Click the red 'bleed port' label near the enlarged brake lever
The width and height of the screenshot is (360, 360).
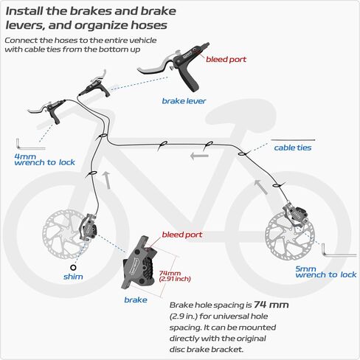226,60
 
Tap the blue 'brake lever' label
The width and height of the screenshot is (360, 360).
184,101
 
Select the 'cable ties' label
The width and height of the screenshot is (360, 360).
293,148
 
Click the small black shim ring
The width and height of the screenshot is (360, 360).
73,267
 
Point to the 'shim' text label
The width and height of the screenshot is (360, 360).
73,277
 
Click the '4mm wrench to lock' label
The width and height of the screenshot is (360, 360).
44,159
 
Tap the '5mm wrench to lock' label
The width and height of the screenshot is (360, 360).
326,271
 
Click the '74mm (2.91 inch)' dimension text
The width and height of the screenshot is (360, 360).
175,276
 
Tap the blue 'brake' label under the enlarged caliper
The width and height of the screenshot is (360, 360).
136,300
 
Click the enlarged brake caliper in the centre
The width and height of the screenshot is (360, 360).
139,263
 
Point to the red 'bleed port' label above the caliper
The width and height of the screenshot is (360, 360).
182,235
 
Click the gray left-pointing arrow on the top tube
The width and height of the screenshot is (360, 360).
199,156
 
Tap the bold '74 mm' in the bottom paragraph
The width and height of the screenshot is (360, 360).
271,305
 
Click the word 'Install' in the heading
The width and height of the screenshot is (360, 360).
24,11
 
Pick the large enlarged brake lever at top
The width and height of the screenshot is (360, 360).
174,65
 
